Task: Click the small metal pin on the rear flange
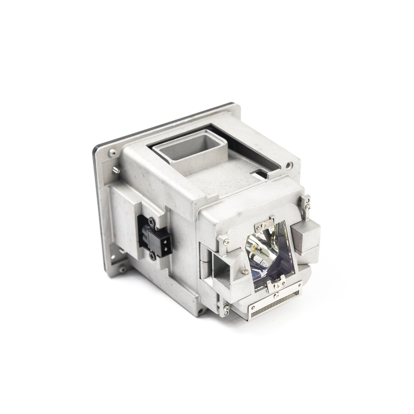pyautogui.click(x=116, y=170)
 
